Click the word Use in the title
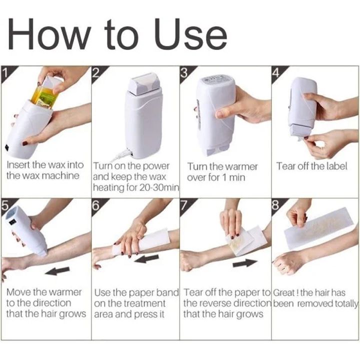(x=190, y=34)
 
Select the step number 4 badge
(x=277, y=72)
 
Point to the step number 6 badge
(x=97, y=205)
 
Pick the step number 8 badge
(x=277, y=205)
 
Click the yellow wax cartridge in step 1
(x=46, y=95)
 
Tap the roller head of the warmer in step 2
(x=143, y=84)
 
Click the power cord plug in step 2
(x=123, y=153)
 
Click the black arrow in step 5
(x=57, y=271)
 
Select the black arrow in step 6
(x=146, y=259)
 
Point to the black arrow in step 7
(x=244, y=263)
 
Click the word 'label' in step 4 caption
(x=337, y=166)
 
